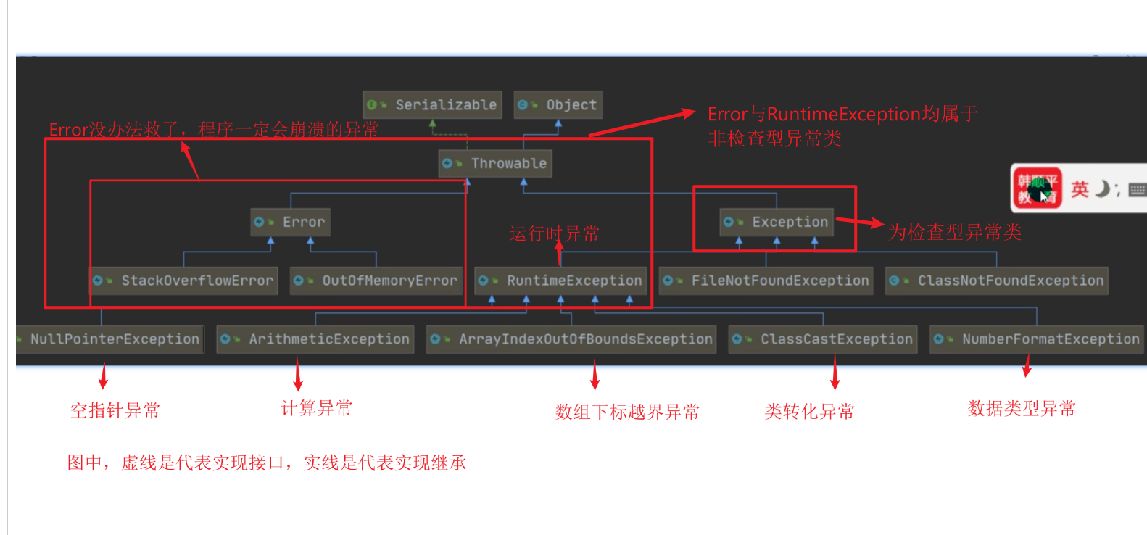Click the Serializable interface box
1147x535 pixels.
click(433, 105)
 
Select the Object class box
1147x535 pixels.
click(558, 105)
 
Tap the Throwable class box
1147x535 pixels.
click(495, 164)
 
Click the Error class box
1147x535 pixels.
click(291, 223)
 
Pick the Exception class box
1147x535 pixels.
click(776, 223)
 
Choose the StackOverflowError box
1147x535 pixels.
click(184, 281)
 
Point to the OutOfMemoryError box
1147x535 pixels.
click(376, 281)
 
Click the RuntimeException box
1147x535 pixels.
click(560, 281)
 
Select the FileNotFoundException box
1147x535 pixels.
click(766, 281)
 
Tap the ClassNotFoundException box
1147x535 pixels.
click(997, 281)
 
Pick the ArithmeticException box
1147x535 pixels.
click(315, 339)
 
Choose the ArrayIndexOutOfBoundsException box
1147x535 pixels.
click(572, 339)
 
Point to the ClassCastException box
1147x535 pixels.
click(823, 339)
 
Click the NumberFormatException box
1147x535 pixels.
click(1037, 339)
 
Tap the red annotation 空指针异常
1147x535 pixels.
click(115, 411)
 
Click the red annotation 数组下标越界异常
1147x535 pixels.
click(627, 412)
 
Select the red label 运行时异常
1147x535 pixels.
click(554, 234)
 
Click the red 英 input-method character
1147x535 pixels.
click(1080, 189)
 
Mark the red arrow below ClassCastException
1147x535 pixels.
click(835, 374)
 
